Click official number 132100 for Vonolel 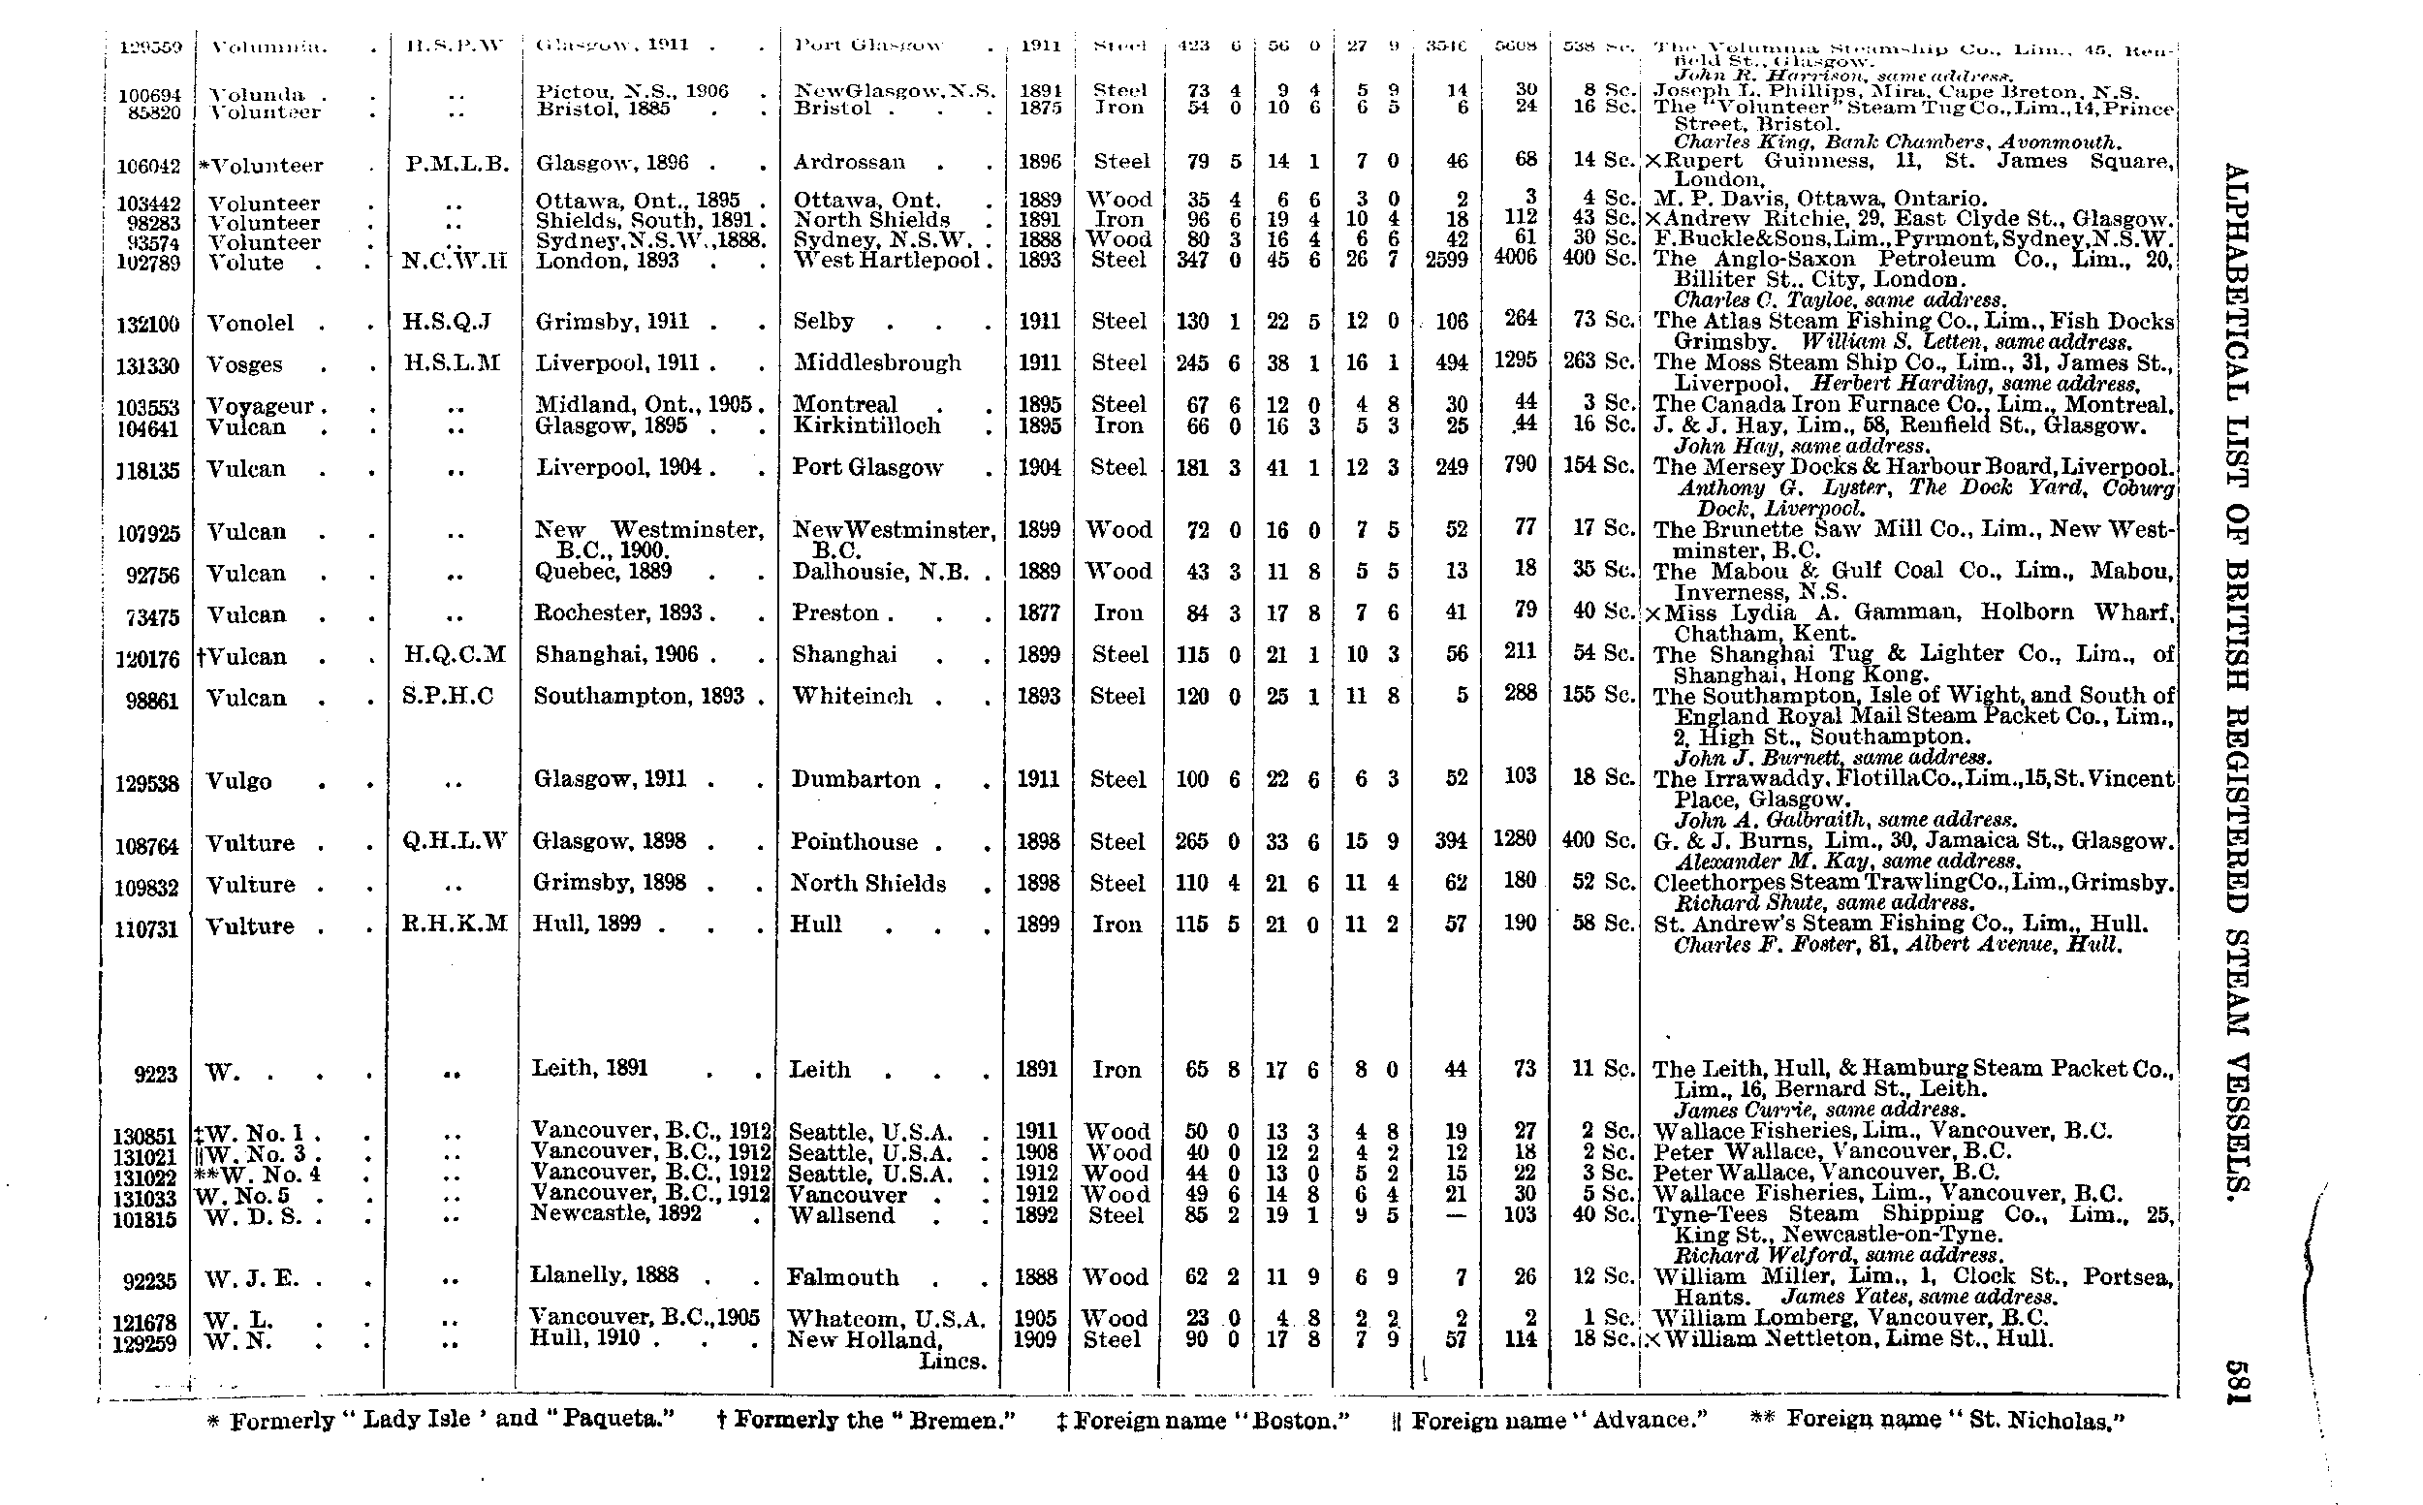click(148, 325)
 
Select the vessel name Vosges click(245, 365)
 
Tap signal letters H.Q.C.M click(453, 654)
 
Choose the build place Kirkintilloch click(867, 426)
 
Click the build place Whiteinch click(852, 696)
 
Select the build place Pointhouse click(854, 842)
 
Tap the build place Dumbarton click(855, 779)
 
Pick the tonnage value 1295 click(1514, 361)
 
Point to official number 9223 click(155, 1074)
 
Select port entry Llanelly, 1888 click(604, 1275)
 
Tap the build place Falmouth click(842, 1278)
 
